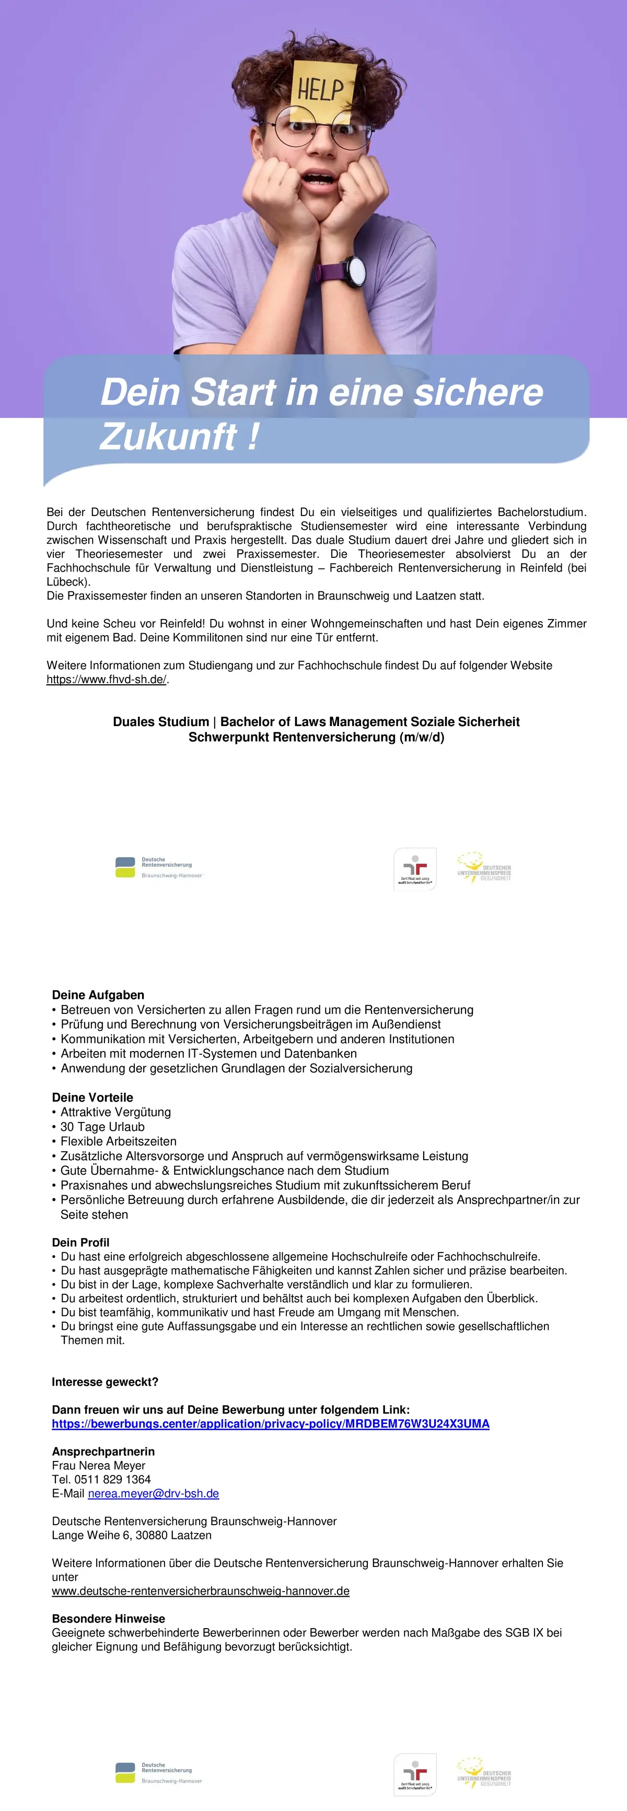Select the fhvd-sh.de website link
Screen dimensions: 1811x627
point(106,679)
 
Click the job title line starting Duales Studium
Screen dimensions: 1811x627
point(316,721)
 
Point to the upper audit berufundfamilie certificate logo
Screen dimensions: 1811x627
point(415,869)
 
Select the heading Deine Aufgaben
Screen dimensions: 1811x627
point(98,995)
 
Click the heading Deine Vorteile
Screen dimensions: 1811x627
point(92,1097)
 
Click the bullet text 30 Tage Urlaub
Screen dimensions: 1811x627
point(102,1127)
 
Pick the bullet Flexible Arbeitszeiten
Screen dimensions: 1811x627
point(119,1141)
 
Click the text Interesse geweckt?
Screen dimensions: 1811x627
point(104,1382)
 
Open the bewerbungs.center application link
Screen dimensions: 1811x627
point(271,1423)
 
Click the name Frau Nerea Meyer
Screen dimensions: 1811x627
point(98,1466)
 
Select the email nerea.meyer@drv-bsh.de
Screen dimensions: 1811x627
point(153,1493)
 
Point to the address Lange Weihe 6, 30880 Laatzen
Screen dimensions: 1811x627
point(132,1535)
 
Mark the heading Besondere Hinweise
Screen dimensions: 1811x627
point(108,1618)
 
